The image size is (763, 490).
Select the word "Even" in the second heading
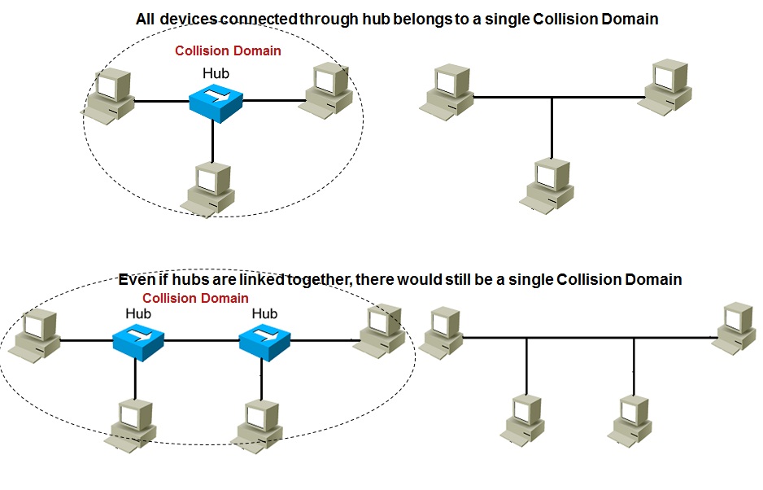[136, 279]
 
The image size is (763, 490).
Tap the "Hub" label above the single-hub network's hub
[216, 73]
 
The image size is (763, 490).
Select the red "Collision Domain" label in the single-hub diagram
[228, 50]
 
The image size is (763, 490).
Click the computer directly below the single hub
[211, 188]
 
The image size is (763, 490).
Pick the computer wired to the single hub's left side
[107, 96]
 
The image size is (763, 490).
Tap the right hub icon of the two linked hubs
[264, 339]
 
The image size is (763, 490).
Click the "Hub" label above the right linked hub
[264, 313]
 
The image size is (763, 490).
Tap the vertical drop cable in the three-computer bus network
[552, 127]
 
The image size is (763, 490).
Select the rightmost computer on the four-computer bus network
[735, 327]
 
